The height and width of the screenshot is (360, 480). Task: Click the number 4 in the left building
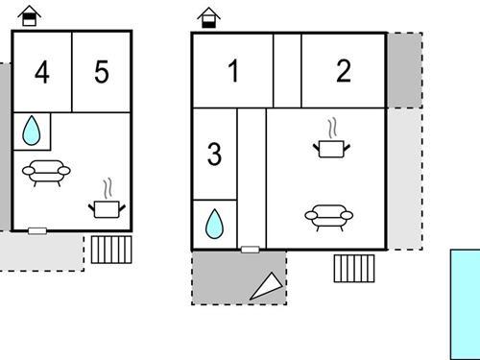pyautogui.click(x=42, y=73)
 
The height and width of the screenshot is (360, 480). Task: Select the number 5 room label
pyautogui.click(x=102, y=72)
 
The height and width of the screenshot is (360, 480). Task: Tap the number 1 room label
pyautogui.click(x=233, y=71)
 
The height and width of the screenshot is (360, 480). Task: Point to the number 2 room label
pyautogui.click(x=344, y=71)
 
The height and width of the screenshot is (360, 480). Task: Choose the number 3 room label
pyautogui.click(x=214, y=154)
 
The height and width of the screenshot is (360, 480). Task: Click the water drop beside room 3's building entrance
pyautogui.click(x=214, y=224)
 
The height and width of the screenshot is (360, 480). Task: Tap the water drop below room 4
pyautogui.click(x=32, y=131)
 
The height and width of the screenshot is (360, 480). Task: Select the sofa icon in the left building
pyautogui.click(x=46, y=173)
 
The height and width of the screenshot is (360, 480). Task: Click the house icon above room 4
pyautogui.click(x=30, y=15)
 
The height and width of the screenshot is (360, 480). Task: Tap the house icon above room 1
pyautogui.click(x=208, y=18)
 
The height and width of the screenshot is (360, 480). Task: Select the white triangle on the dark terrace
pyautogui.click(x=268, y=286)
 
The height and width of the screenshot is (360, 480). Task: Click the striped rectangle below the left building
pyautogui.click(x=111, y=250)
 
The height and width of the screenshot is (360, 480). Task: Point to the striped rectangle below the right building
pyautogui.click(x=354, y=269)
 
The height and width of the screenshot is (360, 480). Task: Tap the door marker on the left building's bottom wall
pyautogui.click(x=37, y=230)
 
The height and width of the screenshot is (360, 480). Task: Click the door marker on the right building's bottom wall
pyautogui.click(x=251, y=250)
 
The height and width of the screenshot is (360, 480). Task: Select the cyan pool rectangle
pyautogui.click(x=466, y=304)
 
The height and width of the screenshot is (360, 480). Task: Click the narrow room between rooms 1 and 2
pyautogui.click(x=287, y=71)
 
